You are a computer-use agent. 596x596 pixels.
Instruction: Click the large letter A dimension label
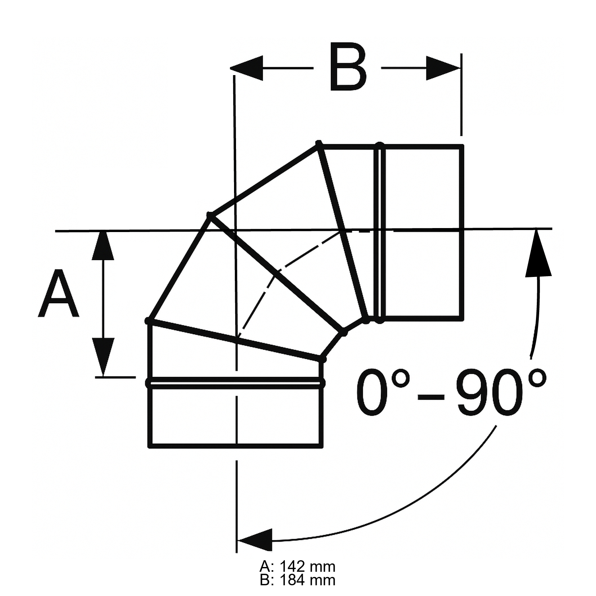(x=58, y=294)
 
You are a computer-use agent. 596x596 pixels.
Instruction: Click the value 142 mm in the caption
(x=308, y=566)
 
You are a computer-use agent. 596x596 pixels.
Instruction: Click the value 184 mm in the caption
(x=308, y=581)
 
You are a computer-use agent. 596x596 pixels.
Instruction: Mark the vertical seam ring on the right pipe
(x=380, y=232)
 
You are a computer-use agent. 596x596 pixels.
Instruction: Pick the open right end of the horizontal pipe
(x=461, y=232)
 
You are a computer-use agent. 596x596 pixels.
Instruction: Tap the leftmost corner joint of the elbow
(x=148, y=320)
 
